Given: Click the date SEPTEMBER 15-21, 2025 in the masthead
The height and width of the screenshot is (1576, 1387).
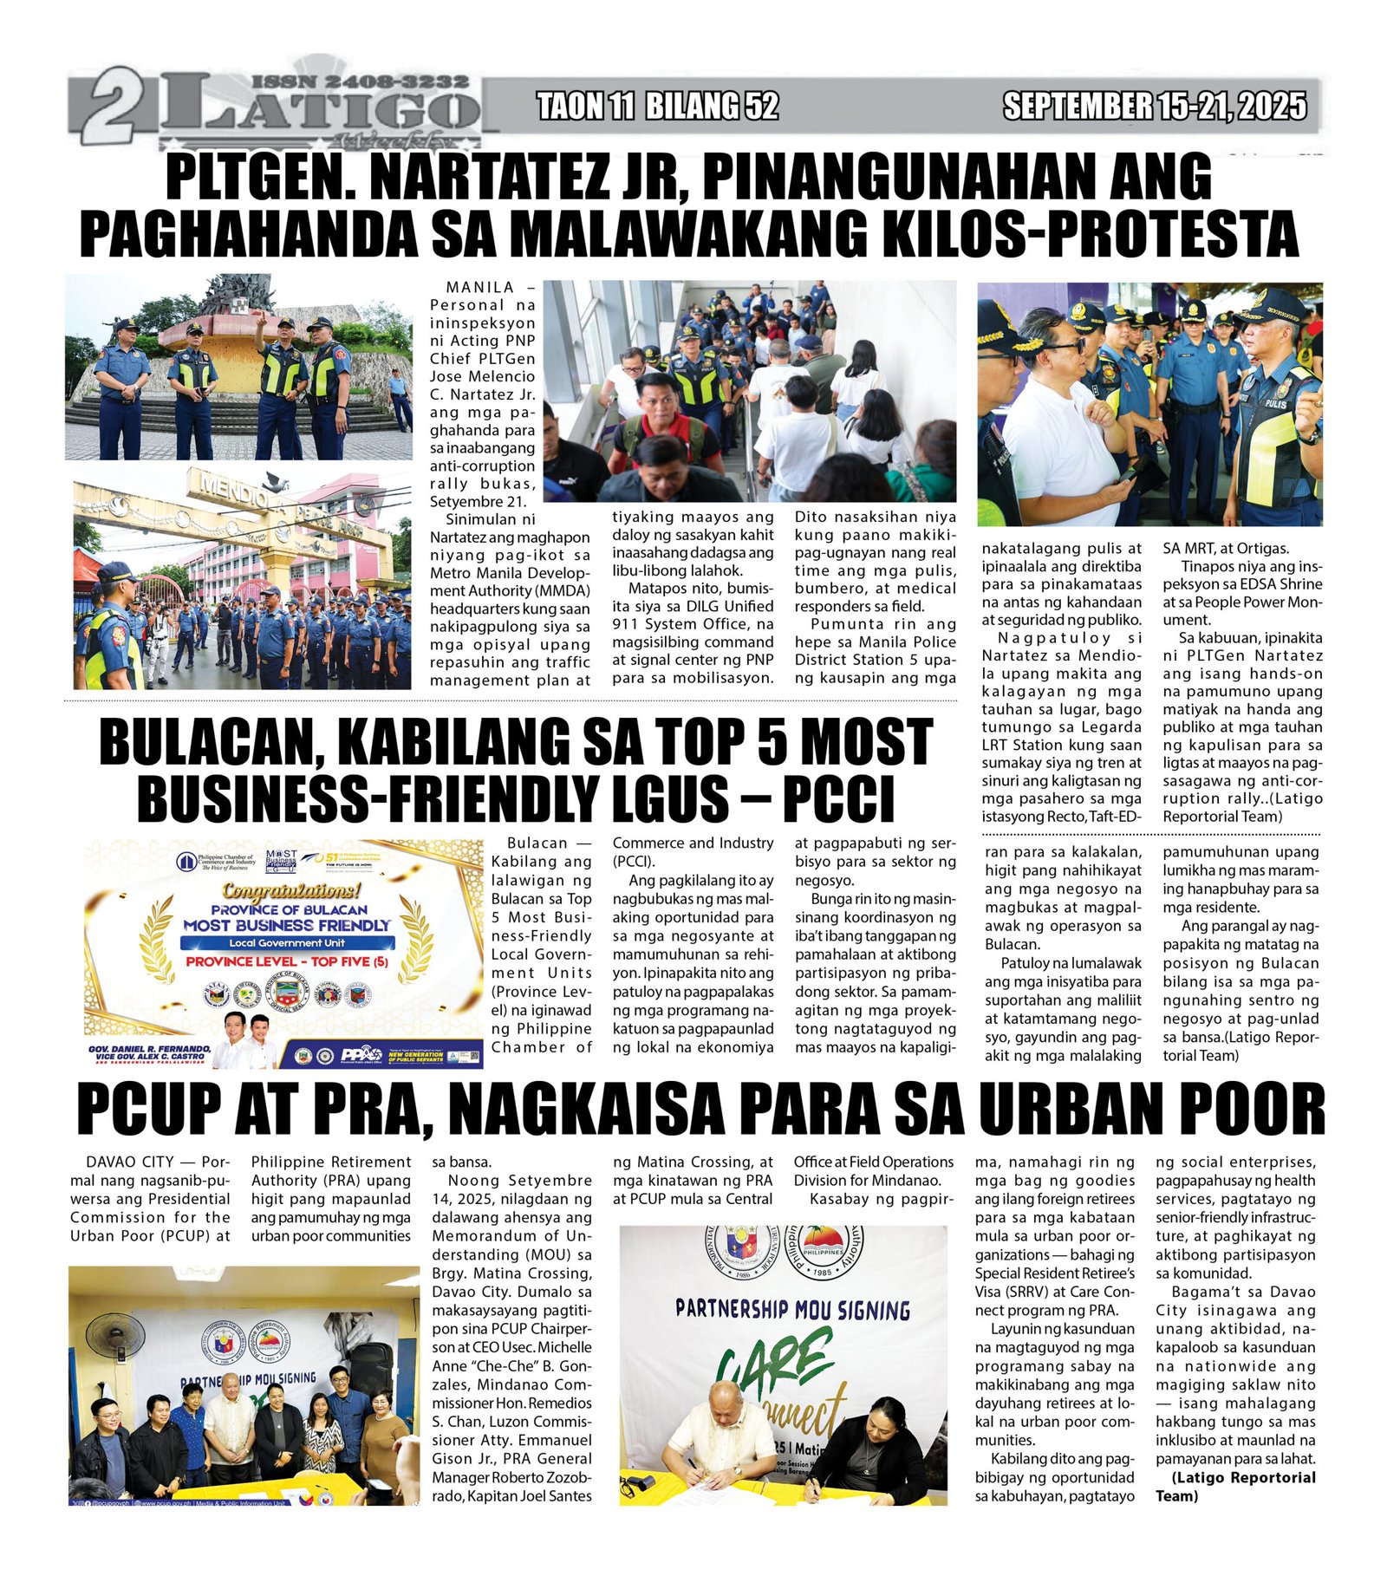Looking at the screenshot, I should (x=1154, y=107).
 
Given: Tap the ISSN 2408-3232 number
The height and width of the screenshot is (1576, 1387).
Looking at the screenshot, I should (x=360, y=81).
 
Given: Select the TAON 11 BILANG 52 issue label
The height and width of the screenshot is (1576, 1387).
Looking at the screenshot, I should (x=657, y=107).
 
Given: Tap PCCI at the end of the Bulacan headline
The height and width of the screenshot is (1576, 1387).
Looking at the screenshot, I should (x=837, y=799).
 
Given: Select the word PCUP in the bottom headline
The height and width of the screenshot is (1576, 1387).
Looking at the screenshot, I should (x=147, y=1109).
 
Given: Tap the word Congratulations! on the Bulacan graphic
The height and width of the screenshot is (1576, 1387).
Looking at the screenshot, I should (x=291, y=890).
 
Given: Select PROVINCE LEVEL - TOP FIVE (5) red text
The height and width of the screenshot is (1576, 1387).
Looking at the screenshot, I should (x=287, y=961).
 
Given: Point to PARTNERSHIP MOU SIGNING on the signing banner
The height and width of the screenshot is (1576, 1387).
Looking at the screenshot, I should (x=792, y=1309).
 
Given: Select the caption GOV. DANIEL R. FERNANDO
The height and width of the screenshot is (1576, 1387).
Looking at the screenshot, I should (x=149, y=1049).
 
